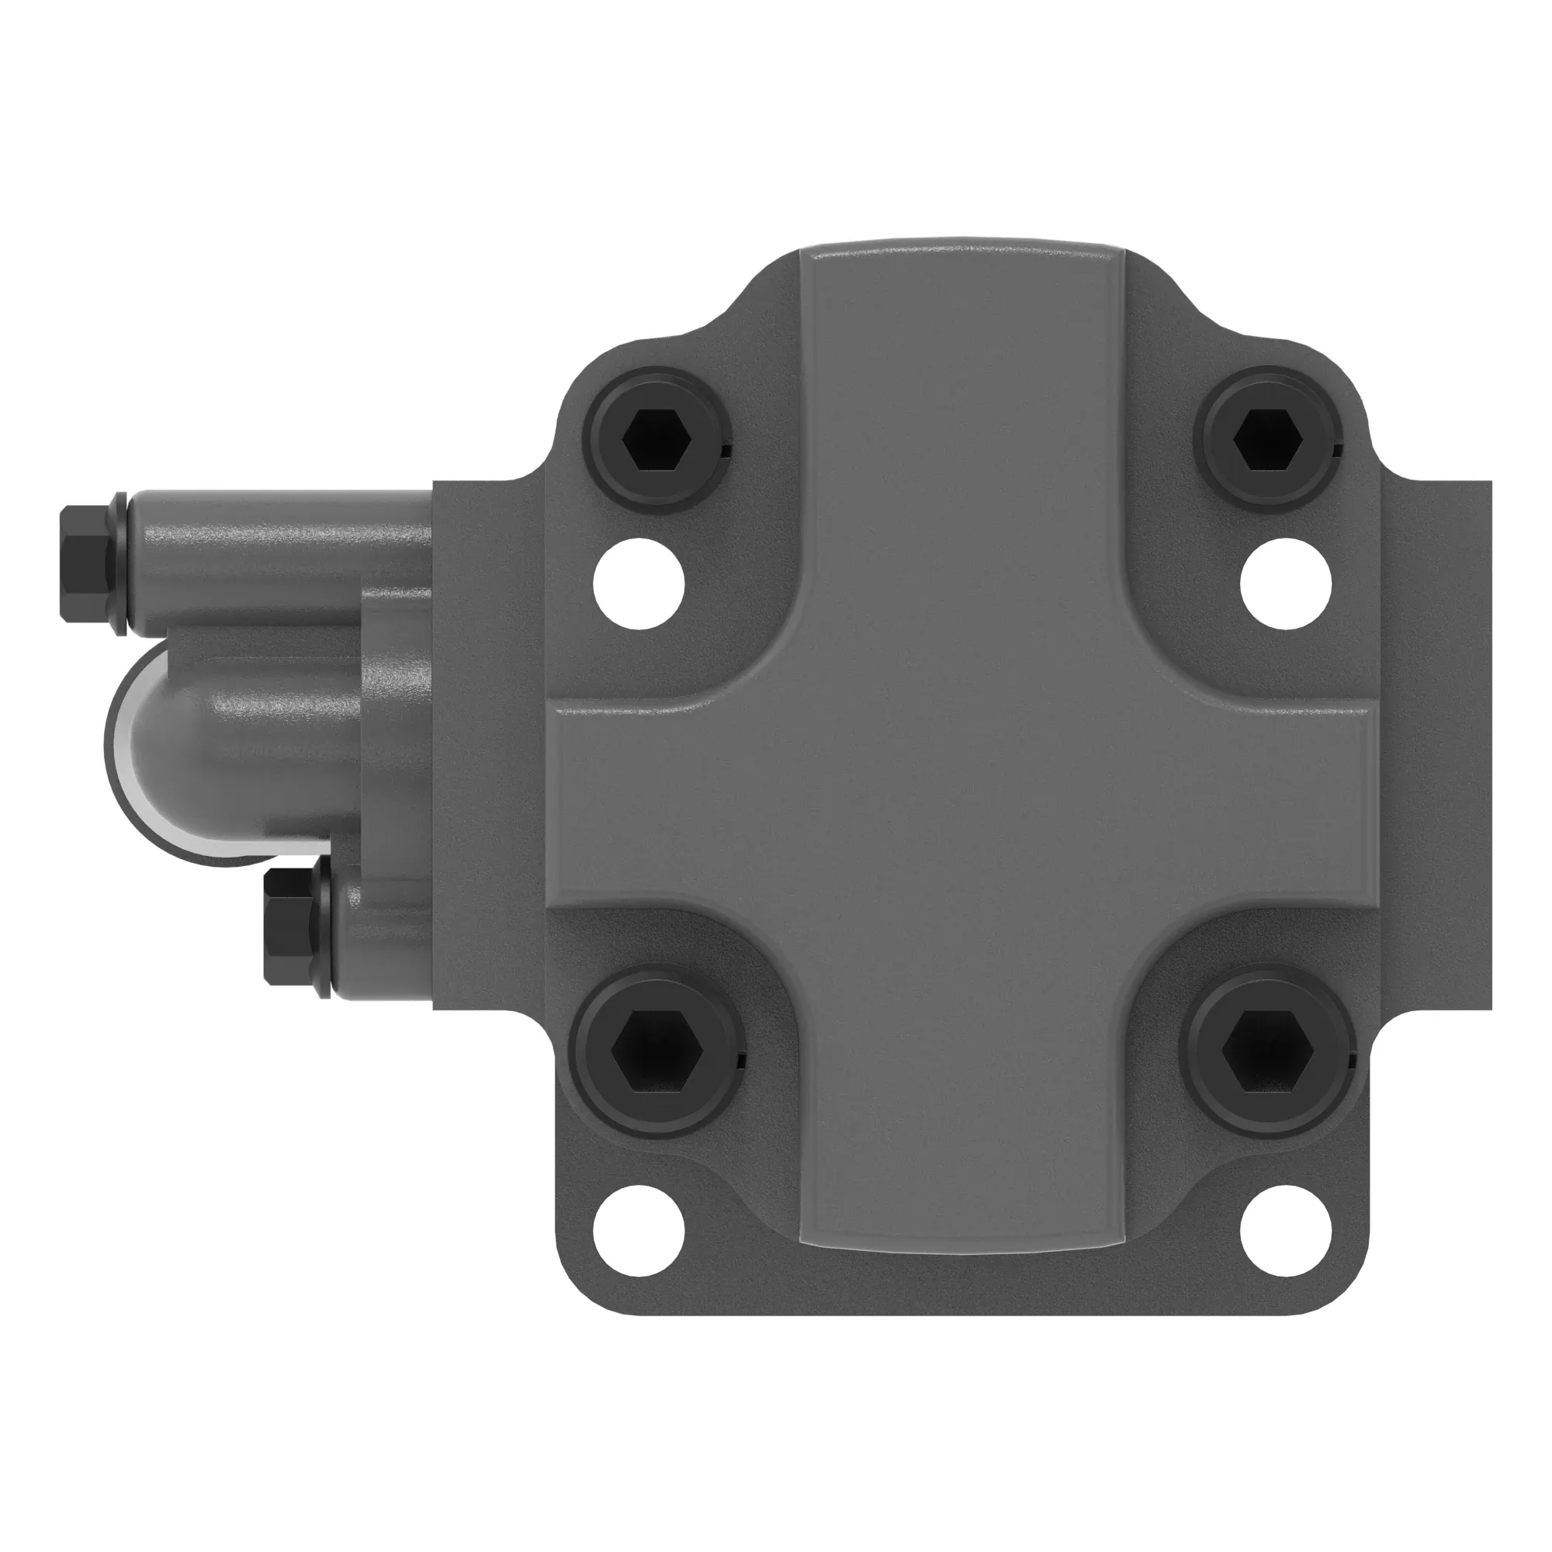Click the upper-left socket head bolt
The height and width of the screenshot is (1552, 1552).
point(656,439)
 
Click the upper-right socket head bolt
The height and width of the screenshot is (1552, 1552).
point(1267,439)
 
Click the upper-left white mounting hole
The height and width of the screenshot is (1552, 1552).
point(639,584)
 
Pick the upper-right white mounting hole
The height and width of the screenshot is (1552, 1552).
point(1285,584)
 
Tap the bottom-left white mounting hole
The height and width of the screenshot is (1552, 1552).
point(639,1231)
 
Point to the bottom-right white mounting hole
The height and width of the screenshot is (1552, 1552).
point(1285,1231)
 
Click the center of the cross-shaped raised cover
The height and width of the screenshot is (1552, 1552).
point(962,803)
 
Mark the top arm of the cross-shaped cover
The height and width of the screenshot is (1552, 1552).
point(962,402)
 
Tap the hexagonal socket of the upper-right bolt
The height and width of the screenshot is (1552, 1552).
point(1267,439)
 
